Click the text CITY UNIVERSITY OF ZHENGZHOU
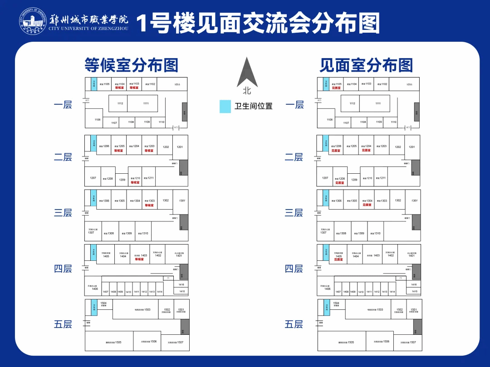coord(88,29)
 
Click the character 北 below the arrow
coord(247,91)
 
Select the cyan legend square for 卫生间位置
coord(225,107)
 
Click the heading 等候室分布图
coord(131,65)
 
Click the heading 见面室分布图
coord(366,65)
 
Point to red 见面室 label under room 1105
coord(336,88)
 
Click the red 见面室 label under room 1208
coord(340,183)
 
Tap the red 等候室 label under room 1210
coord(135,182)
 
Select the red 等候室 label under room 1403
coord(139,259)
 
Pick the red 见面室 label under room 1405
coord(338,259)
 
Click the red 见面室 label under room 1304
coord(367,205)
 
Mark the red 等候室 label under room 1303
coord(149,205)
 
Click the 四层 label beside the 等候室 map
coord(63,269)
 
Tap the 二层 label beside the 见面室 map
coord(294,157)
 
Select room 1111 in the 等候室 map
coord(146,103)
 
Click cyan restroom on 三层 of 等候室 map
coord(94,198)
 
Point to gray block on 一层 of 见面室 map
coord(416,112)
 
